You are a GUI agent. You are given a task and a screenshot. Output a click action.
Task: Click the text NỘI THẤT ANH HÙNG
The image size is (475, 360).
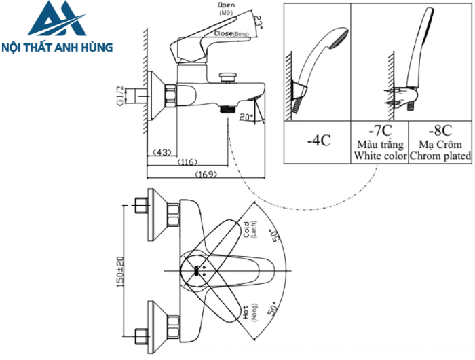57,48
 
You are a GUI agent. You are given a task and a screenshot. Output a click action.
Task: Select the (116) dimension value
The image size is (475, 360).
189,162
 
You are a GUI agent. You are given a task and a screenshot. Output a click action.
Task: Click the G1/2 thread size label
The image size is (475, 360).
119,96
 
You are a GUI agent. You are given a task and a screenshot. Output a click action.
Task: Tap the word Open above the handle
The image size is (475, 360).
226,6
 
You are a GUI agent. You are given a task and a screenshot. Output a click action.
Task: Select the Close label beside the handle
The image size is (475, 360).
225,33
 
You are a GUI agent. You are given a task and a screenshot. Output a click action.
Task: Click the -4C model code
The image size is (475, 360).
318,141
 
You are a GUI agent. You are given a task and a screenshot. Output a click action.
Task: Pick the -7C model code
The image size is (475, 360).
379,131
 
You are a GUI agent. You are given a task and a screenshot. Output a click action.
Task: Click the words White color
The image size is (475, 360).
379,156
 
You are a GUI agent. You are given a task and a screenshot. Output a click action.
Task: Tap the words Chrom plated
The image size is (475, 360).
440,156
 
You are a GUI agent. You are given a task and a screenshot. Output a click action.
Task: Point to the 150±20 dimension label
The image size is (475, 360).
119,272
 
